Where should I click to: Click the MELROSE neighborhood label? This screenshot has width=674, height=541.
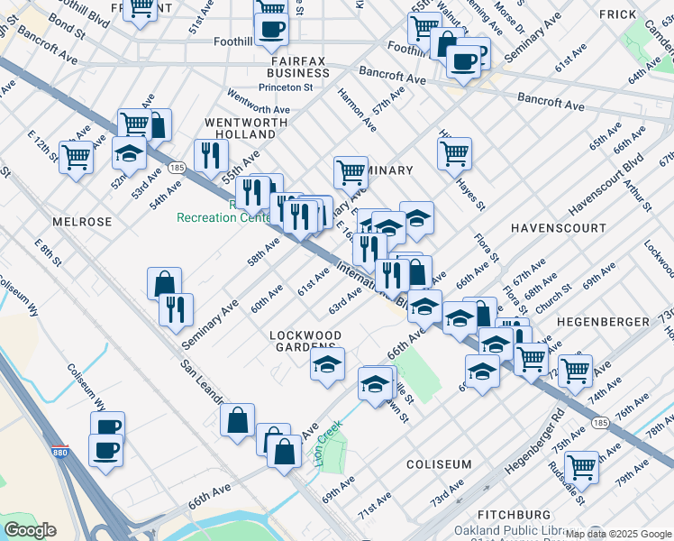coord(82,221)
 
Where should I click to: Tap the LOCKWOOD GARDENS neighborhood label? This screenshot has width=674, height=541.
coord(306,342)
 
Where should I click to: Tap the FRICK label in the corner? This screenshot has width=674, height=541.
coord(617,14)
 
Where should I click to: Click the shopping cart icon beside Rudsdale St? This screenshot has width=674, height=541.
coord(581,466)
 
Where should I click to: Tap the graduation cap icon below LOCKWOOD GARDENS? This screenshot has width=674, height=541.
coord(327,364)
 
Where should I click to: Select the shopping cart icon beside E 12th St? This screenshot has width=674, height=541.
coord(76,157)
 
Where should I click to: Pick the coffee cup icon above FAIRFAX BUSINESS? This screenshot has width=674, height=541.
coord(271,28)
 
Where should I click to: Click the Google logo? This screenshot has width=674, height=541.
coord(32,530)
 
